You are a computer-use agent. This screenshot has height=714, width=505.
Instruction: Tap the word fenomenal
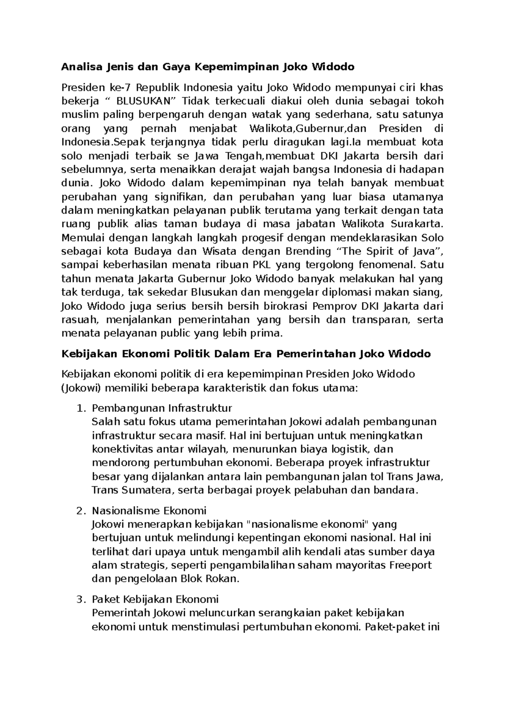pos(386,265)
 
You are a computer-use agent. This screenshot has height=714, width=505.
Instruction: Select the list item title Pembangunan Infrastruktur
pos(162,408)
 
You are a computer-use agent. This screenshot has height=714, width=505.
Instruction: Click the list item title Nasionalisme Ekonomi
pos(149,511)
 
